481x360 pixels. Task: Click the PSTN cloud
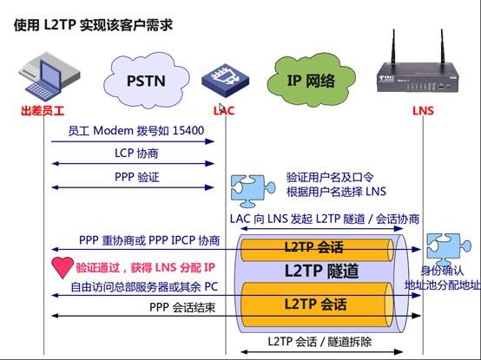point(147,81)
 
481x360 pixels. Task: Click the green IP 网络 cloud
point(311,81)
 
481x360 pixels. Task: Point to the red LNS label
point(423,111)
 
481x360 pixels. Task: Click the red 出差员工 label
point(43,111)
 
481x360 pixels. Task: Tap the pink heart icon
point(63,267)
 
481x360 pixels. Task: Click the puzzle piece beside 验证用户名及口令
point(253,191)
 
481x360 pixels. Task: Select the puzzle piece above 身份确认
point(449,249)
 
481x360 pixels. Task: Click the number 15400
point(188,130)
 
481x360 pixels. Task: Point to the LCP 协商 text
point(136,154)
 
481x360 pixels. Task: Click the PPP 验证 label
point(137,177)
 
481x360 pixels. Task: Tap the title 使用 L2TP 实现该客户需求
point(93,25)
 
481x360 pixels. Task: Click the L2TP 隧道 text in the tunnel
point(321,271)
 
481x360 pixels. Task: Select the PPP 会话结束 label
point(182,307)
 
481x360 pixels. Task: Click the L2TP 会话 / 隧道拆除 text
point(320,341)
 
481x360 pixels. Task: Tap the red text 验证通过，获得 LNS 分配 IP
point(145,267)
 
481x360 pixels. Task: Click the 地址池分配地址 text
point(442,285)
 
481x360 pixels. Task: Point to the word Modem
point(113,130)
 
